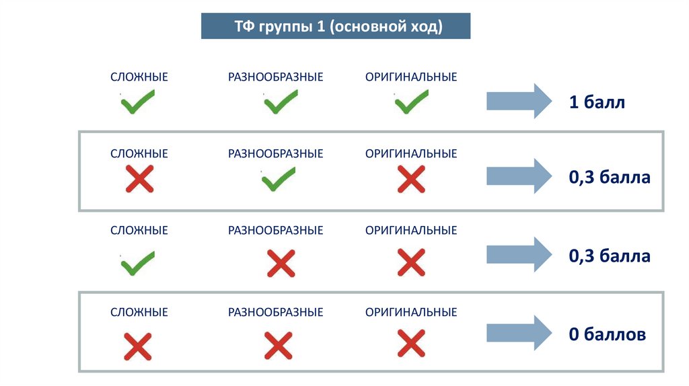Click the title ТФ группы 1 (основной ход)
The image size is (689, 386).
[336, 27]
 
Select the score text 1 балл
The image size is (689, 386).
[597, 103]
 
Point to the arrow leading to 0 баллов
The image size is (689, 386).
[519, 333]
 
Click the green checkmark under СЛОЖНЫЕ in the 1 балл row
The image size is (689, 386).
[138, 103]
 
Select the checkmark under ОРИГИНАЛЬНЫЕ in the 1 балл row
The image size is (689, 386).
[411, 103]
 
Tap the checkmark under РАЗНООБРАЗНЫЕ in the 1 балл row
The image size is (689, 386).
[280, 103]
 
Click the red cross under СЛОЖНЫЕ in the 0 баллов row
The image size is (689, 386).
[138, 346]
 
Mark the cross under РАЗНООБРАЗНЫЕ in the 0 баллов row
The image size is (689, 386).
[277, 346]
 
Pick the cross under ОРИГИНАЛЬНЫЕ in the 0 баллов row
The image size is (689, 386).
[410, 344]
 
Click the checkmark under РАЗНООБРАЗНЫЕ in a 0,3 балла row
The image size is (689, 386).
[279, 180]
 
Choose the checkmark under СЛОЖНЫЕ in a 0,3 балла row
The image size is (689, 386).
[138, 263]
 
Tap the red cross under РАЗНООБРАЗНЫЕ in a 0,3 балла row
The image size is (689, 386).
[281, 263]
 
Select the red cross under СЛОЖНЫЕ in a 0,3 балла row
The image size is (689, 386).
[139, 180]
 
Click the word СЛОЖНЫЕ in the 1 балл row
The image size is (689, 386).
[139, 77]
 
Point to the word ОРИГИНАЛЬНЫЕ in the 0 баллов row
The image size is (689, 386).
[411, 312]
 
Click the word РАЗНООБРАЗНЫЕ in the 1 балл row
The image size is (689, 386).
[276, 77]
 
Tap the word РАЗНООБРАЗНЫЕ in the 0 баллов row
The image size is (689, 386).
[276, 312]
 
